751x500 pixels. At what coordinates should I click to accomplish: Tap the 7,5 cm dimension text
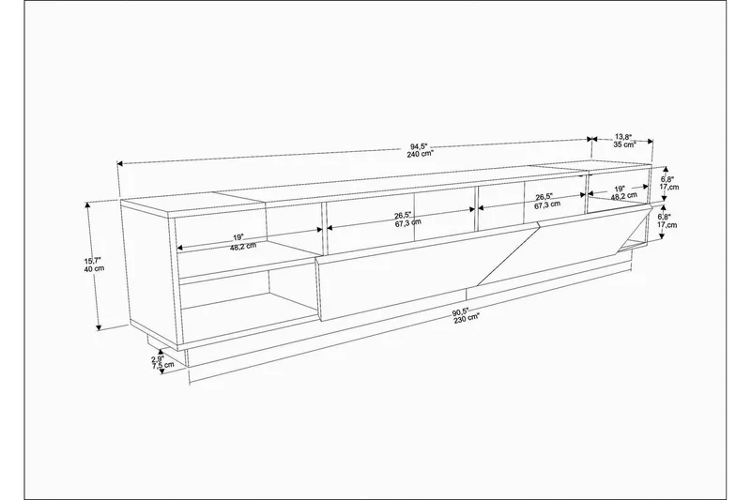tap(162, 367)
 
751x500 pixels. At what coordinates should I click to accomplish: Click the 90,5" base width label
tap(460, 312)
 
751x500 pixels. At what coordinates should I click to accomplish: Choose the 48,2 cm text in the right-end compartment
tap(619, 198)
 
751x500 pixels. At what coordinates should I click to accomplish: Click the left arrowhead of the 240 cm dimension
tap(119, 165)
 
